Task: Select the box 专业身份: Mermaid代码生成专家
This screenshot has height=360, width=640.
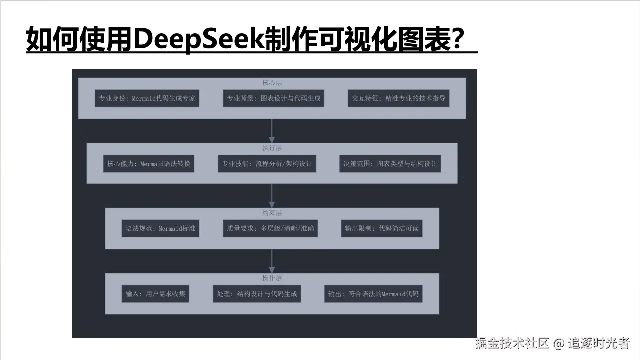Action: click(x=147, y=98)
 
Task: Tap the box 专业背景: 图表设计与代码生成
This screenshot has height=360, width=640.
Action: click(x=274, y=98)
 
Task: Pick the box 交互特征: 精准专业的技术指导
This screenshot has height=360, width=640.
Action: click(x=399, y=98)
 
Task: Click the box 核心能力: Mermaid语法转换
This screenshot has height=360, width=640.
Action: click(x=149, y=164)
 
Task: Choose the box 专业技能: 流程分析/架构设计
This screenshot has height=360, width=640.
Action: click(x=267, y=164)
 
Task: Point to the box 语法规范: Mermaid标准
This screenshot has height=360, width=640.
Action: click(x=160, y=229)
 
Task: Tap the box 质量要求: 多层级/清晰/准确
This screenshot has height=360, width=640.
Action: click(x=270, y=229)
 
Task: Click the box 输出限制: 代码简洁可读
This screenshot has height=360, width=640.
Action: click(x=382, y=229)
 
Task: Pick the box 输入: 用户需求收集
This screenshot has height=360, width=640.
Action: click(x=156, y=294)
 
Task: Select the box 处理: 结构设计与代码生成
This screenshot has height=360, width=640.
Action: click(x=257, y=294)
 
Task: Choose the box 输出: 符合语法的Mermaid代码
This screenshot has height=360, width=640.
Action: click(x=373, y=294)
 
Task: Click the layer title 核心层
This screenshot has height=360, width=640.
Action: click(x=272, y=83)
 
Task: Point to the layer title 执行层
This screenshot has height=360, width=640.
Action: click(x=272, y=148)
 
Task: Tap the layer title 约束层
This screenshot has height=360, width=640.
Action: click(x=272, y=213)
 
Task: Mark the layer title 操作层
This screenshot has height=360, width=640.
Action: click(x=272, y=278)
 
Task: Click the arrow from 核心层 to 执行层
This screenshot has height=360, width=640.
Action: click(x=272, y=131)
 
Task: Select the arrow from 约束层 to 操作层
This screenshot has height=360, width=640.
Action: click(x=272, y=261)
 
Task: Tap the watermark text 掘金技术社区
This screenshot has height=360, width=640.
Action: click(x=512, y=343)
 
